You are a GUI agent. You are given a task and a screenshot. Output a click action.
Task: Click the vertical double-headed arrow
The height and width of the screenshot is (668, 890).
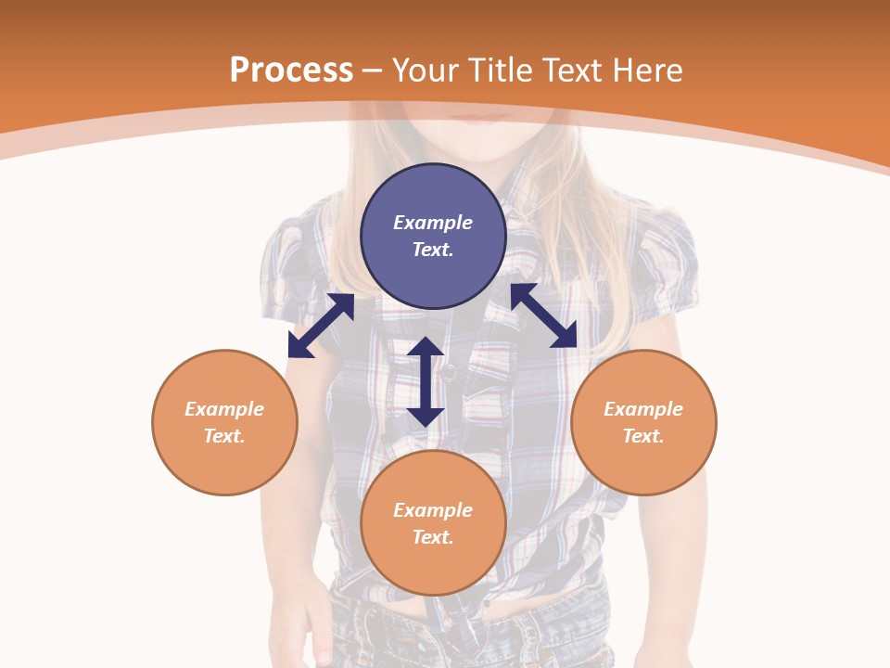[x=426, y=381]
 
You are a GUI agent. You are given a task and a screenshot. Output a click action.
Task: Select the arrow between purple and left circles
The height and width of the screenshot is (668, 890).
[x=321, y=326]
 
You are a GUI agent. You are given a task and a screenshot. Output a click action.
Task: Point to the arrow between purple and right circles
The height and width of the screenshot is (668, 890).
[x=543, y=315]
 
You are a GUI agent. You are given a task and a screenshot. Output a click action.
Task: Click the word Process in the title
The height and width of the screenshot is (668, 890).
[x=291, y=70]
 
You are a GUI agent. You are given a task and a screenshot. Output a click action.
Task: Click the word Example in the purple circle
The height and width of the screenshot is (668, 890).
[x=433, y=223]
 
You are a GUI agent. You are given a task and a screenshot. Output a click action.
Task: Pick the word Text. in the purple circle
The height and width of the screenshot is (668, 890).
[x=433, y=250]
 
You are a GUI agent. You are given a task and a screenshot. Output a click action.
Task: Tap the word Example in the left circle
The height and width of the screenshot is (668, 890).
[x=224, y=409]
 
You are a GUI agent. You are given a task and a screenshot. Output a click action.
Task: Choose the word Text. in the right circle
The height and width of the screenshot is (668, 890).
[x=643, y=436]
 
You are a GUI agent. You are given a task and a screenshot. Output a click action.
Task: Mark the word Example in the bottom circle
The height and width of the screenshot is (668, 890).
[x=433, y=510]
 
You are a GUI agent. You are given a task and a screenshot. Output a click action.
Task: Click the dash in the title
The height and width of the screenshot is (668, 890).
[x=373, y=71]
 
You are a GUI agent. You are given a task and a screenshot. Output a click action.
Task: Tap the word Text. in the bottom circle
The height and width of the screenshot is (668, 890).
[x=433, y=537]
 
